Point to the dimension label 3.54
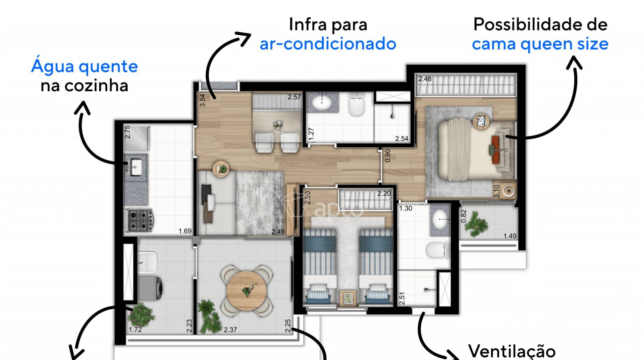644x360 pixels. point(202,100)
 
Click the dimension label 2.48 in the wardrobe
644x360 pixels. point(425,79)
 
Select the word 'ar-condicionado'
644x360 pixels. point(328,44)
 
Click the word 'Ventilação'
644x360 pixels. point(512,351)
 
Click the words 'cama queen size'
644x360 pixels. point(540,44)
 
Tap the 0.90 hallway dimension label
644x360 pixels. point(388,156)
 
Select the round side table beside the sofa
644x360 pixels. point(221,168)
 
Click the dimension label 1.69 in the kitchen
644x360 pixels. point(185,231)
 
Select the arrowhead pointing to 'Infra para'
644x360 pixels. point(244,38)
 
